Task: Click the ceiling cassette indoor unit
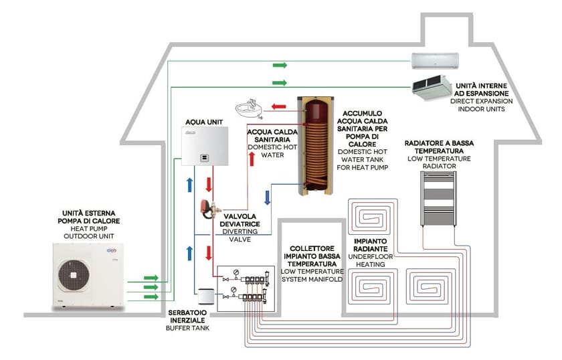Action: pyautogui.click(x=432, y=85)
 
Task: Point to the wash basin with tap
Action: pyautogui.click(x=250, y=108)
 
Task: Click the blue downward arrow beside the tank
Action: pyautogui.click(x=268, y=197)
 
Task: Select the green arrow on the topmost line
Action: pyautogui.click(x=280, y=65)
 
